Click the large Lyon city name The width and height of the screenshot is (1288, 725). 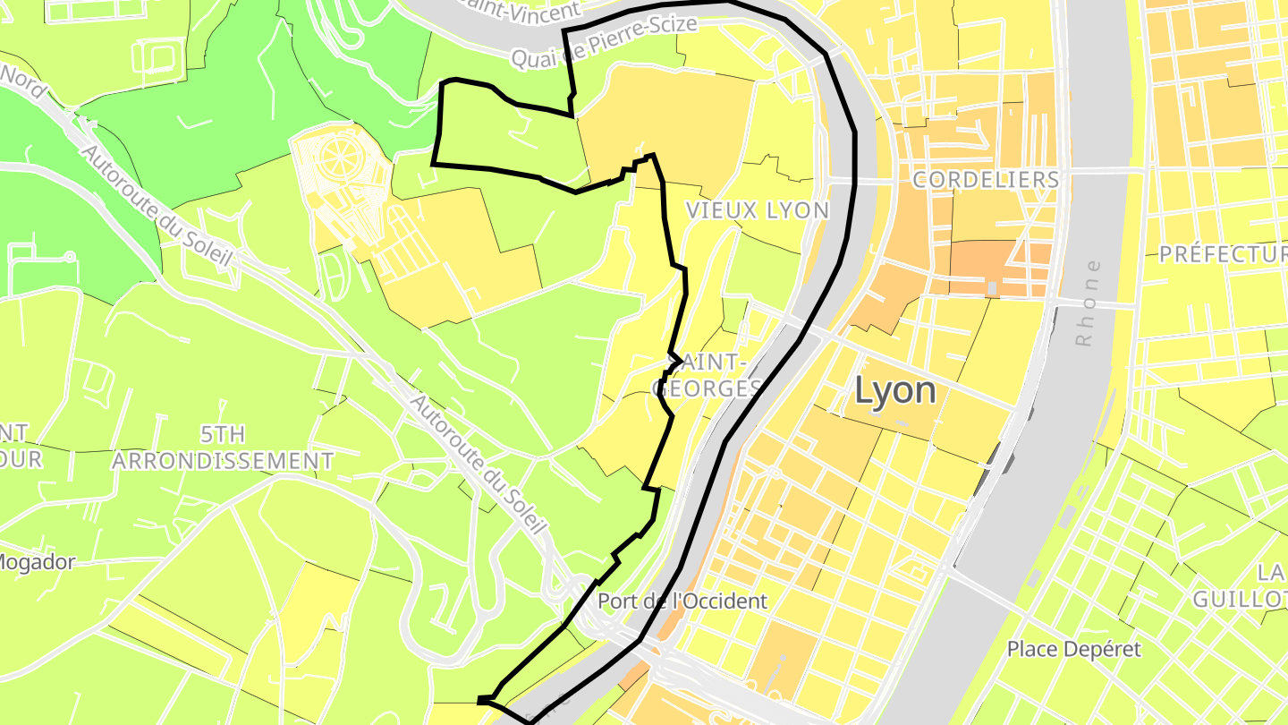[x=895, y=390]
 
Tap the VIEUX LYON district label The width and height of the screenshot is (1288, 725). [x=757, y=210]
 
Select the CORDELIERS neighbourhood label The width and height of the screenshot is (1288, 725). [x=986, y=180]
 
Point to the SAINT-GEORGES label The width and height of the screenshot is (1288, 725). [x=708, y=375]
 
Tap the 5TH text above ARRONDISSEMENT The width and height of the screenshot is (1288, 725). [x=222, y=435]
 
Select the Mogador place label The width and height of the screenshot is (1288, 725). [x=36, y=562]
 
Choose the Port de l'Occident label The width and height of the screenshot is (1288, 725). [x=682, y=601]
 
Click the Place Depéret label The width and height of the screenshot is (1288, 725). [x=1074, y=649]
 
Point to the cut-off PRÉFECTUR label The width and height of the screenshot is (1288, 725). [x=1223, y=255]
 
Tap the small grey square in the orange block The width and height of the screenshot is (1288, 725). [x=990, y=288]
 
